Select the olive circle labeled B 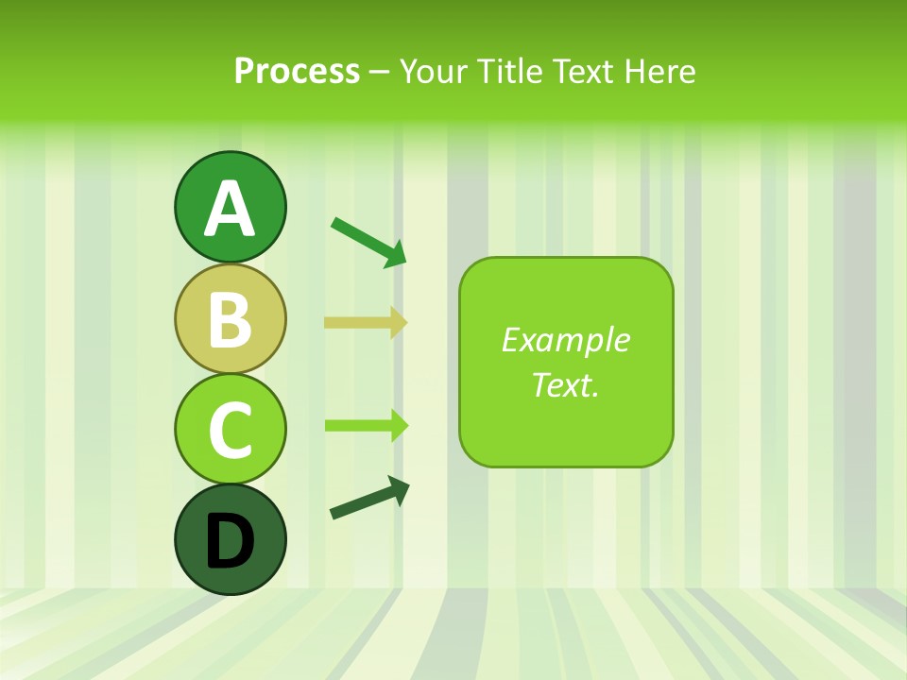pos(230,318)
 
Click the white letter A pos(230,209)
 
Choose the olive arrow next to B pos(365,323)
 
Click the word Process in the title pos(297,71)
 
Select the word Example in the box pos(566,340)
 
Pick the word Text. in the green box pos(566,384)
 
